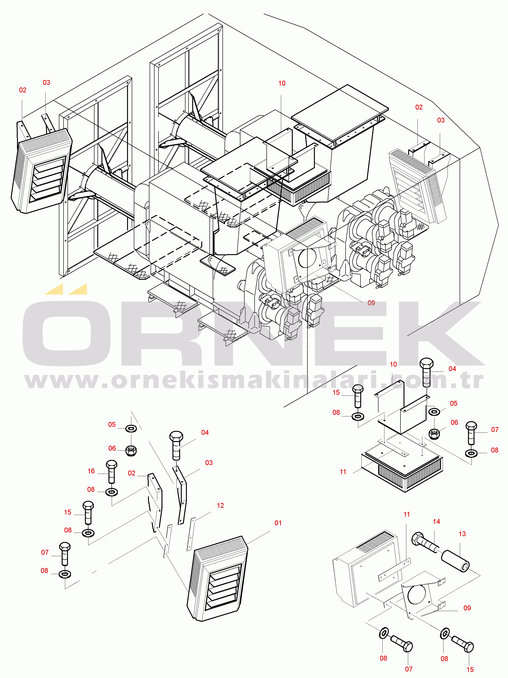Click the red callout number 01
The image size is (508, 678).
point(278,523)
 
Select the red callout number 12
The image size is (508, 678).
point(220,505)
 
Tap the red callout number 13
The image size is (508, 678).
point(462,534)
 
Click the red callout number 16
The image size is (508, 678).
point(91,471)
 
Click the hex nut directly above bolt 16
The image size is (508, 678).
point(131,451)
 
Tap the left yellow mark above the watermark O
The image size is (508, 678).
point(54,289)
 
